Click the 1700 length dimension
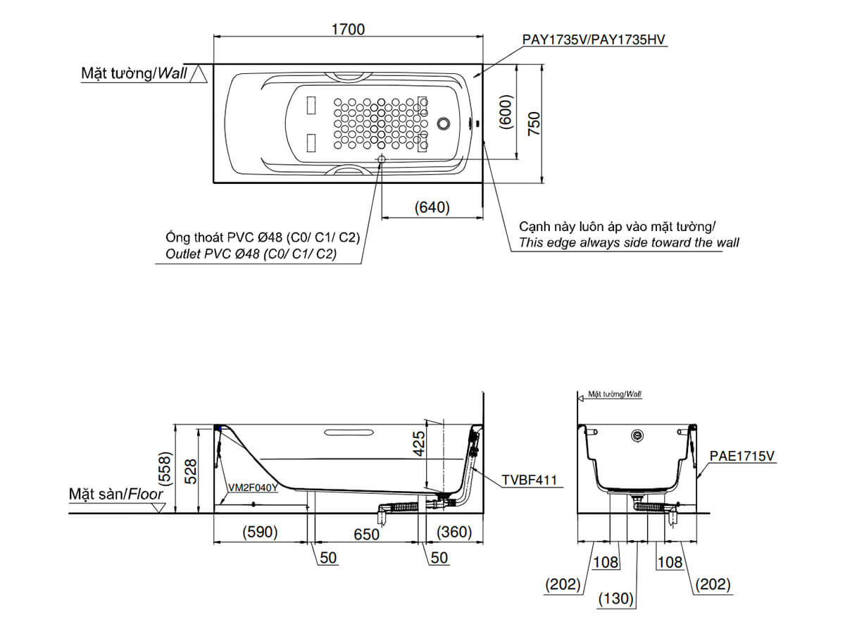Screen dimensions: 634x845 pos(348,29)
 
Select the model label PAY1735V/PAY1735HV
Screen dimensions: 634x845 pos(594,40)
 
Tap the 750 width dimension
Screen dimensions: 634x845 pos(534,123)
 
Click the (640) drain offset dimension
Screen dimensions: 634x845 pos(432,208)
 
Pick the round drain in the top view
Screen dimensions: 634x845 pos(444,124)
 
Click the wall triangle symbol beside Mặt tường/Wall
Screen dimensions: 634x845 pos(199,74)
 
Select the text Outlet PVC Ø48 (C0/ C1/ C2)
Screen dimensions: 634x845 pos(251,254)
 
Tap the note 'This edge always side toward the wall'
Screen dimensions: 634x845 pos(629,243)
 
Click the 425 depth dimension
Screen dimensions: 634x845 pos(418,445)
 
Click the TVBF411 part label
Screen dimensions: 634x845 pos(529,480)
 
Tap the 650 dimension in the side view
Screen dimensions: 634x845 pos(365,534)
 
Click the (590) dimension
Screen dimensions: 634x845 pos(260,532)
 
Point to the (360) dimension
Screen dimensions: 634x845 pos(453,532)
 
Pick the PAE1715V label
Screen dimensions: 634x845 pos(741,456)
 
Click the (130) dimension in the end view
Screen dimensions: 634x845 pos(617,599)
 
